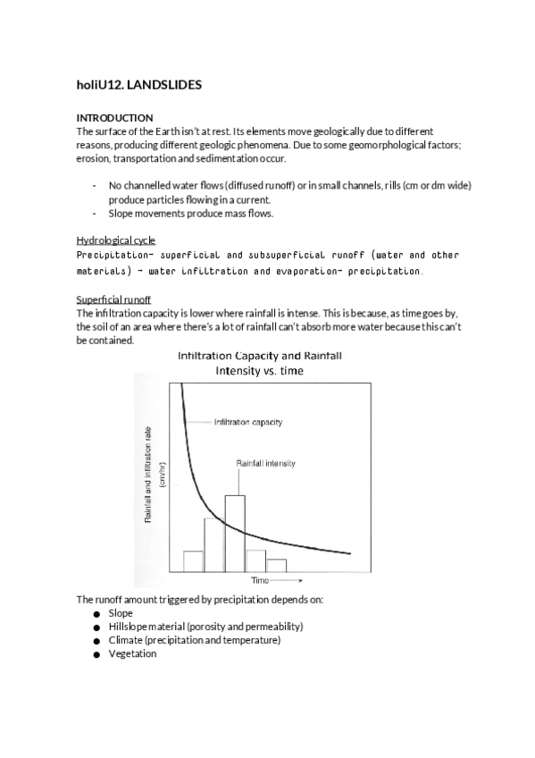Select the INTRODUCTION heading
pos(114,118)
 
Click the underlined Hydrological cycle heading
pos(115,240)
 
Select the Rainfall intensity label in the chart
pos(265,464)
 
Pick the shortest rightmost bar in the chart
pos(276,565)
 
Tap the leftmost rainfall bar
pos(194,560)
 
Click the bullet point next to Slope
pos(95,614)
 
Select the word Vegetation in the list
pos(132,654)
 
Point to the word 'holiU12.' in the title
pos(99,86)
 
